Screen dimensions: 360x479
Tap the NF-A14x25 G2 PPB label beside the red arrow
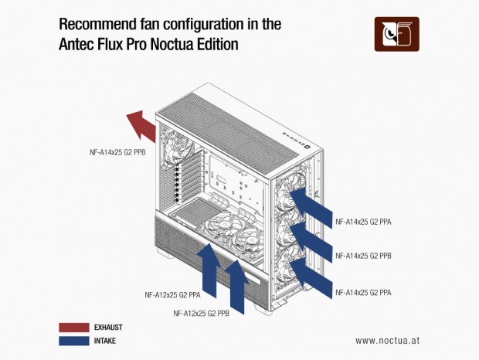click(x=117, y=153)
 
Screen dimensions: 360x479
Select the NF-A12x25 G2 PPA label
click(x=173, y=294)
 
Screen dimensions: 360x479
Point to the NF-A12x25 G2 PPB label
click(x=202, y=313)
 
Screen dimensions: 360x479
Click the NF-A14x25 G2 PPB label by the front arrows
click(x=363, y=255)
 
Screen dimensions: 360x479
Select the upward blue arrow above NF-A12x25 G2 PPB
click(x=237, y=286)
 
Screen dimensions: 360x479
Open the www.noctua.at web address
click(x=388, y=340)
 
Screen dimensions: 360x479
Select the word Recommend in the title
click(x=98, y=24)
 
